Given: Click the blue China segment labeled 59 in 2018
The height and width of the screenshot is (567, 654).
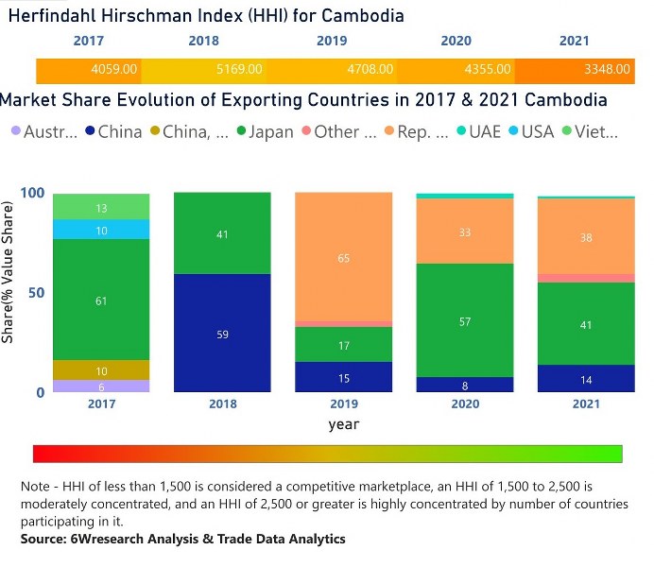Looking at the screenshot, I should click(x=223, y=333).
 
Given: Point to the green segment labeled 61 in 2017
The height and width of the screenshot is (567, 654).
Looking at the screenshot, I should click(x=102, y=300).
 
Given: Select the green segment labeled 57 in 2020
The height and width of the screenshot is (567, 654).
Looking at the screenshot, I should click(x=465, y=320).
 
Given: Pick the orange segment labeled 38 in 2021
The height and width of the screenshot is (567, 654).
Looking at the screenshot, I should click(x=587, y=237).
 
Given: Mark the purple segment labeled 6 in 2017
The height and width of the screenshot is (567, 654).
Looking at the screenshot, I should click(x=102, y=386).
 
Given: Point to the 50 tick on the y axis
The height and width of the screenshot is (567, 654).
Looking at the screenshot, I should click(x=36, y=293).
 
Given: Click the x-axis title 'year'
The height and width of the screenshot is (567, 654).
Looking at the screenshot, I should click(x=344, y=424).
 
